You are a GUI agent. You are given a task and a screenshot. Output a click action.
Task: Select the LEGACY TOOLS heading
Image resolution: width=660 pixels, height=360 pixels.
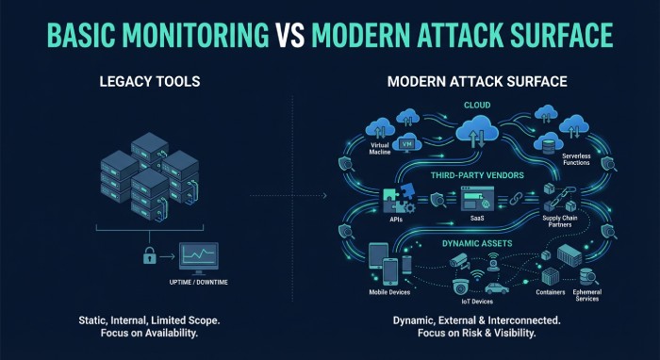tap(149, 82)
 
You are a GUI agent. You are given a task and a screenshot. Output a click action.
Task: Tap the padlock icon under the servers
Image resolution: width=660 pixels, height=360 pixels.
tap(149, 254)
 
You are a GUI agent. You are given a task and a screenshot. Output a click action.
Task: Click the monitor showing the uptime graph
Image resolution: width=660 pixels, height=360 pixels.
tap(199, 255)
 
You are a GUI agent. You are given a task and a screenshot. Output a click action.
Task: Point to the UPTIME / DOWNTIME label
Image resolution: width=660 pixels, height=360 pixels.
tap(197, 282)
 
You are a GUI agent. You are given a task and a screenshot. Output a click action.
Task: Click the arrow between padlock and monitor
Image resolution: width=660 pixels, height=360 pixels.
tap(171, 255)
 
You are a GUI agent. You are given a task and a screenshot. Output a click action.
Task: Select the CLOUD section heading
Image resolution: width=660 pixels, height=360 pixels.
tap(475, 106)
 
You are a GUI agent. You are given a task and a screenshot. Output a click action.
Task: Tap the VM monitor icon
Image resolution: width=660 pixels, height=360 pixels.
tap(408, 144)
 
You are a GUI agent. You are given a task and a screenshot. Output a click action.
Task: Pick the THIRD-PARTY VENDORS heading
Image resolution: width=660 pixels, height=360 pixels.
tap(475, 175)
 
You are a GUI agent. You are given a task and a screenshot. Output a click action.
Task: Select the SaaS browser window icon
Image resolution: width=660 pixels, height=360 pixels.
tap(474, 200)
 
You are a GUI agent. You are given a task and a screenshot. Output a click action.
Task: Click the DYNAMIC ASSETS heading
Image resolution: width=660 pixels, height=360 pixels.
tap(475, 243)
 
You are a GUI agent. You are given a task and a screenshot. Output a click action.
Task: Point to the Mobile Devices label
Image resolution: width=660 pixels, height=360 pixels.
tap(388, 293)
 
